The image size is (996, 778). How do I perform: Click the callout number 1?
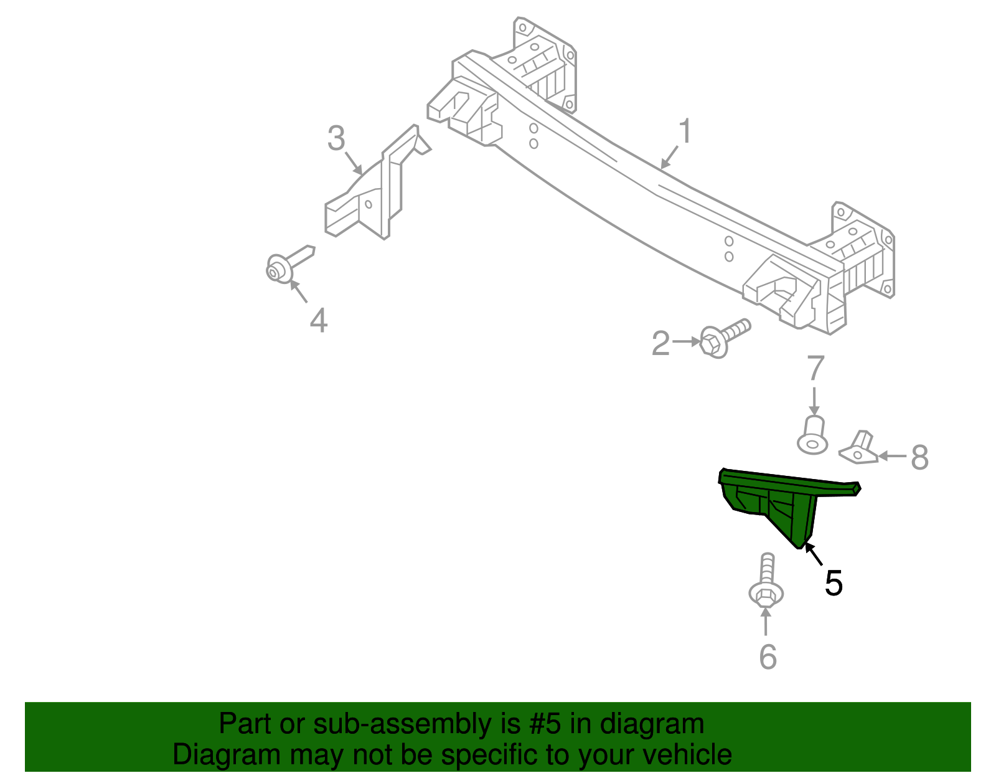(x=685, y=132)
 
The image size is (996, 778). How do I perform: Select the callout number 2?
(x=660, y=344)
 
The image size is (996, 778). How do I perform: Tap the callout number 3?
(x=336, y=138)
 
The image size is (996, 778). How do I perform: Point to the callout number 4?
(x=318, y=321)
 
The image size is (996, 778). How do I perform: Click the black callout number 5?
(x=833, y=584)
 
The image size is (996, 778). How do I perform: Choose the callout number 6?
(x=768, y=657)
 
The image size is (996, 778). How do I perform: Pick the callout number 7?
(x=815, y=368)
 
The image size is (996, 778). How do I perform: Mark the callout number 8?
(x=919, y=457)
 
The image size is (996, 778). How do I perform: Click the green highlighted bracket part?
(x=778, y=501)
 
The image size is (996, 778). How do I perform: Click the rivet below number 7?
(x=813, y=436)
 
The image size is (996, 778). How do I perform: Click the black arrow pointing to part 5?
(x=814, y=554)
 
